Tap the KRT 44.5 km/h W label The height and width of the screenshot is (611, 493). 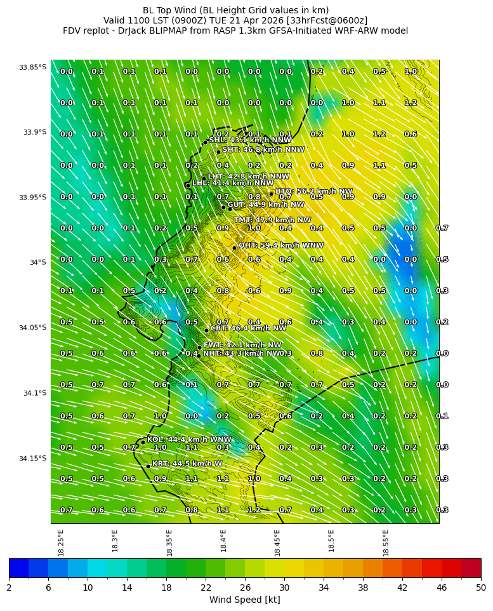(187, 464)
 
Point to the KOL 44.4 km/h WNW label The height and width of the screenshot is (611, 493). (189, 440)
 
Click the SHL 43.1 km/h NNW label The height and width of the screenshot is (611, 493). (250, 140)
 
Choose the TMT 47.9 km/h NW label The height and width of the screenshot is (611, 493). (272, 220)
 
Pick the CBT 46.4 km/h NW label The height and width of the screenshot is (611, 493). (248, 328)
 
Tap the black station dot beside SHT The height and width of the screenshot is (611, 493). (218, 152)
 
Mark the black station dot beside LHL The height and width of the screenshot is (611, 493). (188, 185)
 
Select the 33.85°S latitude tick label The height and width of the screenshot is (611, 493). (32, 67)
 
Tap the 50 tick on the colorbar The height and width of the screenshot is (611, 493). (481, 587)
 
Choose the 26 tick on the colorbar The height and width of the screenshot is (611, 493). (245, 587)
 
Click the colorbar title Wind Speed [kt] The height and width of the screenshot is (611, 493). (245, 600)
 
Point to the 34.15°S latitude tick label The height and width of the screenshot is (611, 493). (32, 459)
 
